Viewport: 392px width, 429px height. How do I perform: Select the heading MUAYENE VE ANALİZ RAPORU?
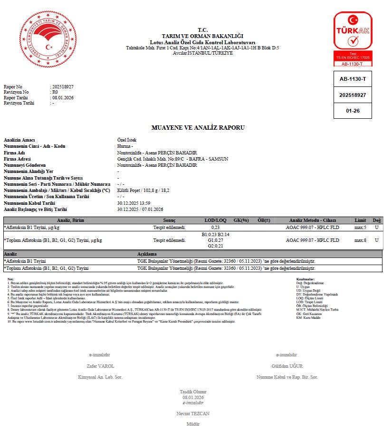pos(198,128)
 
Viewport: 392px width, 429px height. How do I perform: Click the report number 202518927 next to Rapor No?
pos(63,87)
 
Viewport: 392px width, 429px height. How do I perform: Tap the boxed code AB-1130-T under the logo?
pos(353,79)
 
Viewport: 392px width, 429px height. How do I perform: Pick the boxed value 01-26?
pos(353,111)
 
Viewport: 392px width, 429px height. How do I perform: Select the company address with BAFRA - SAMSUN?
pos(172,159)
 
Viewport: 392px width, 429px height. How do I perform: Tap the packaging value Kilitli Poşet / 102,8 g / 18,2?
pos(143,191)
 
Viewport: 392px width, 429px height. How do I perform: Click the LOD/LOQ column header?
pos(215,220)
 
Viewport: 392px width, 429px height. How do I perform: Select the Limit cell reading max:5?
pos(360,228)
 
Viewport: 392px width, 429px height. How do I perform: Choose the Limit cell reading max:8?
pos(360,240)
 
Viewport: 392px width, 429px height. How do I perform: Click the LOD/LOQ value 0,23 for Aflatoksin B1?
pos(215,228)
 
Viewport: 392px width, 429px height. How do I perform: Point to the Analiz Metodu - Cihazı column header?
pos(312,220)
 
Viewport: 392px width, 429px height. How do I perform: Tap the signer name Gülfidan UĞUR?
pos(287,366)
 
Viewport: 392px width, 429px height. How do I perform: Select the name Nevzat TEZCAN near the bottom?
pos(192,414)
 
